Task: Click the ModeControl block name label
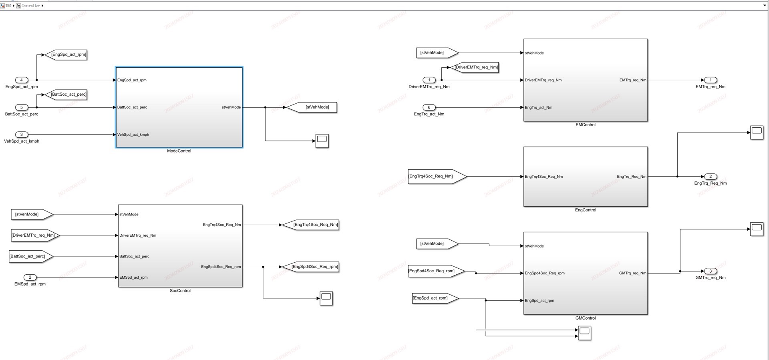[x=179, y=151]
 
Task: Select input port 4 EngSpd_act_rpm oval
[x=22, y=80]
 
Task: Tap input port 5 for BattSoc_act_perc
[x=22, y=107]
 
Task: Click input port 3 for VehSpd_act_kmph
[x=22, y=135]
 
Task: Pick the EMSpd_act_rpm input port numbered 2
[x=30, y=277]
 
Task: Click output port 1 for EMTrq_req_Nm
[x=711, y=80]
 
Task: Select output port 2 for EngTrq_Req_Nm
[x=711, y=177]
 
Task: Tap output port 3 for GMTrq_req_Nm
[x=711, y=271]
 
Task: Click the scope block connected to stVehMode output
[x=322, y=141]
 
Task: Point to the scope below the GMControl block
[x=584, y=332]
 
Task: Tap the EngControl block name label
[x=585, y=210]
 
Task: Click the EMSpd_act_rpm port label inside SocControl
[x=134, y=278]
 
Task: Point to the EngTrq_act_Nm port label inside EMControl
[x=539, y=108]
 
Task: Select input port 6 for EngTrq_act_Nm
[x=429, y=107]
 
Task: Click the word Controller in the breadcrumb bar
[x=30, y=6]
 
